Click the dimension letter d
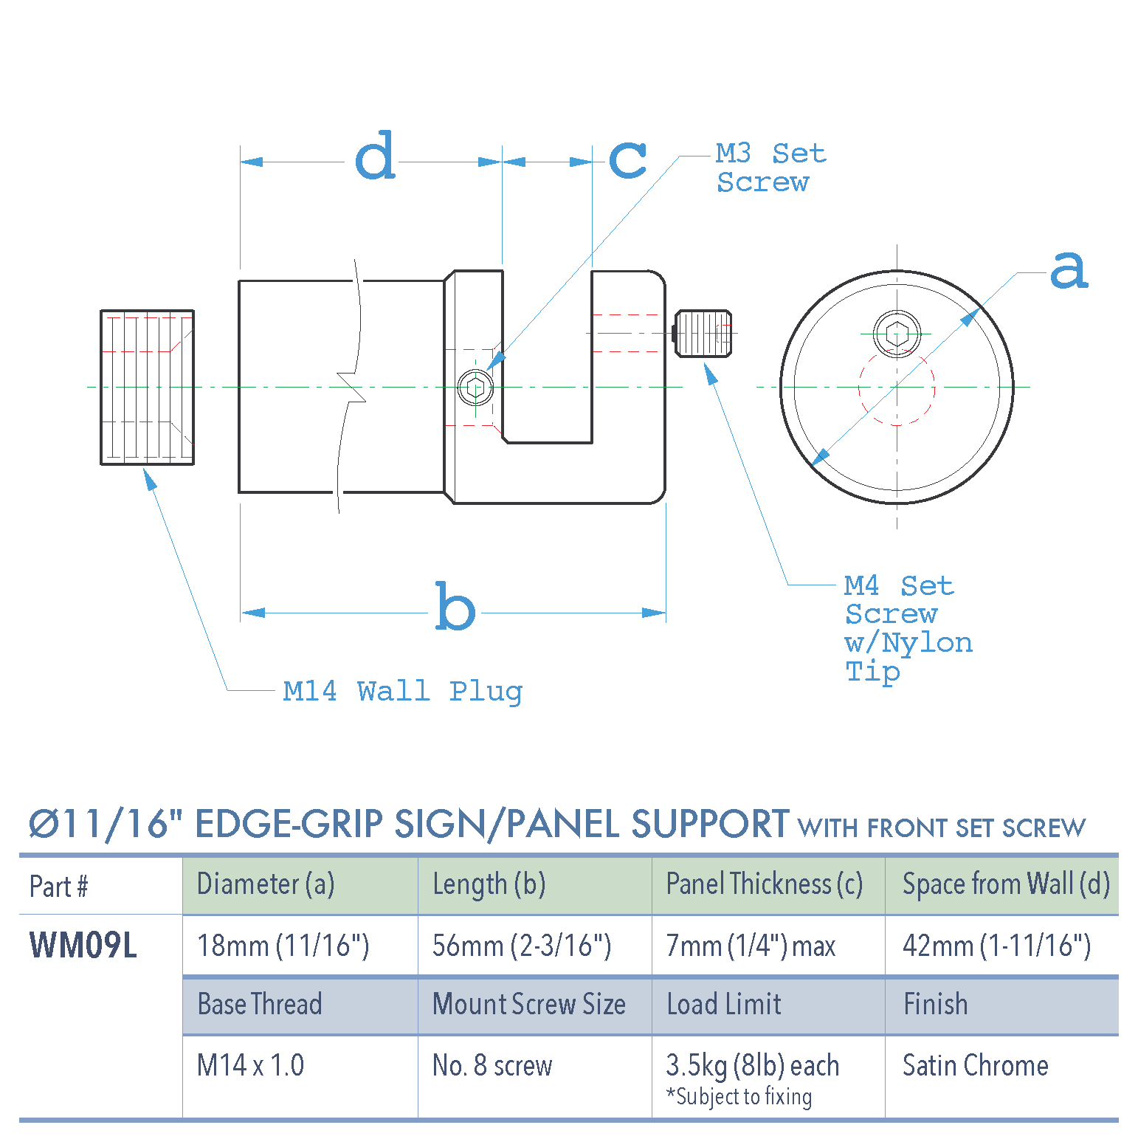click(376, 156)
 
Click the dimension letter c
click(627, 159)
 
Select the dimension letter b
click(455, 608)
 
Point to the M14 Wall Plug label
click(402, 692)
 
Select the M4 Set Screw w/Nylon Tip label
click(907, 628)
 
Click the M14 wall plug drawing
click(147, 388)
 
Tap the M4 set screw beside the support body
click(703, 334)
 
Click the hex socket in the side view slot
click(476, 388)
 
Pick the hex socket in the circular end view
click(897, 334)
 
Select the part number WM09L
click(83, 945)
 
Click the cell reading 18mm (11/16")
click(283, 946)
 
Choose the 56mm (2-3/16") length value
click(521, 946)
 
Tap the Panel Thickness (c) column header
click(764, 884)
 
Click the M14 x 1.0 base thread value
click(250, 1065)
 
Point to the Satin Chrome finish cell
click(975, 1065)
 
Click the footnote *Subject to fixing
click(739, 1097)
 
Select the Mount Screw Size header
click(528, 1005)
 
